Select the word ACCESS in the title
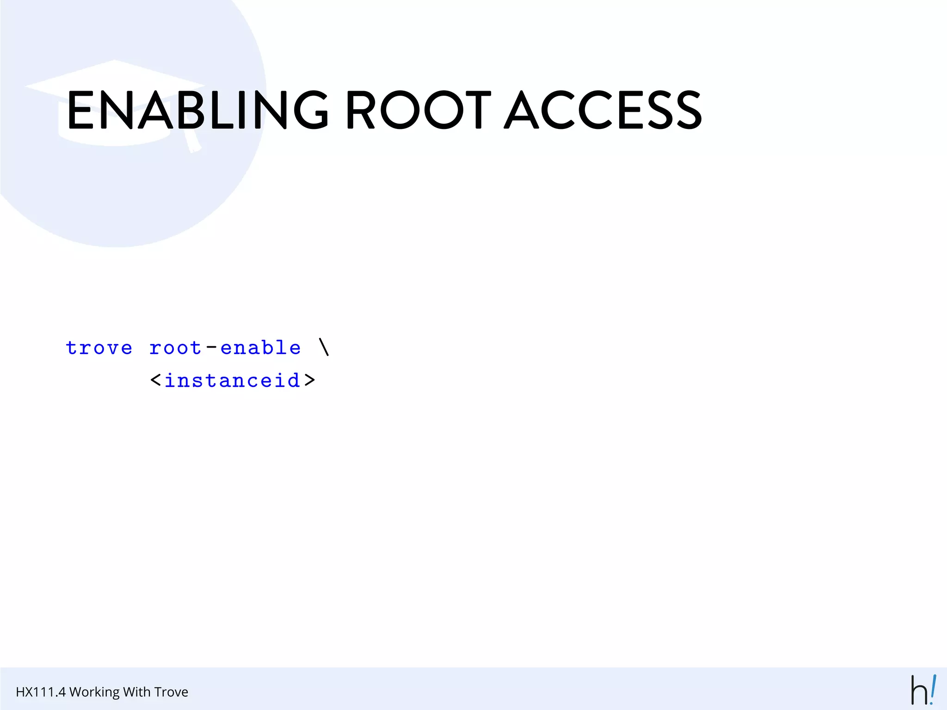pos(603,110)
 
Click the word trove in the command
pos(99,348)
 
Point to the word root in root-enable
pos(175,348)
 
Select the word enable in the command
pos(261,348)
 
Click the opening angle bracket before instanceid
pos(156,380)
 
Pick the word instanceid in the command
pos(233,380)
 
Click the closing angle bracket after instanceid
pos(309,380)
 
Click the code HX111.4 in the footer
pos(41,692)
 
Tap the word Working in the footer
pos(95,692)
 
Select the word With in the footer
pos(136,692)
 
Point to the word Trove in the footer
pos(171,692)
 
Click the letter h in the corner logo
pos(919,691)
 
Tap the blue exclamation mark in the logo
pos(933,689)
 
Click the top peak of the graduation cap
pos(114,61)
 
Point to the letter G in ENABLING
pos(311,110)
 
